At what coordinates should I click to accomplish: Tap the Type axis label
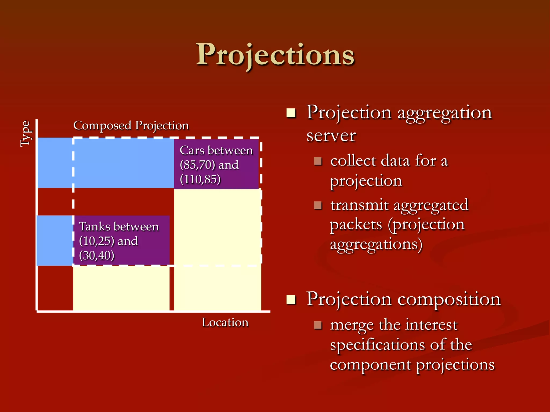pos(26,133)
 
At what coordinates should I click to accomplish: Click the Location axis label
pos(225,322)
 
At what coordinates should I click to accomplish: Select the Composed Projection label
pos(131,126)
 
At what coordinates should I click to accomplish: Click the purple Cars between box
pos(216,164)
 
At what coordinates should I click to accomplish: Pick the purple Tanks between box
pos(121,240)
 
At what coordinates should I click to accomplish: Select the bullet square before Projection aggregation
pos(291,113)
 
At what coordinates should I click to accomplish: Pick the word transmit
pos(359,205)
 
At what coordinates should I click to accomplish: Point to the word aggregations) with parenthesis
pos(376,245)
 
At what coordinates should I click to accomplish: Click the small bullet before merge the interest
pos(318,325)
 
